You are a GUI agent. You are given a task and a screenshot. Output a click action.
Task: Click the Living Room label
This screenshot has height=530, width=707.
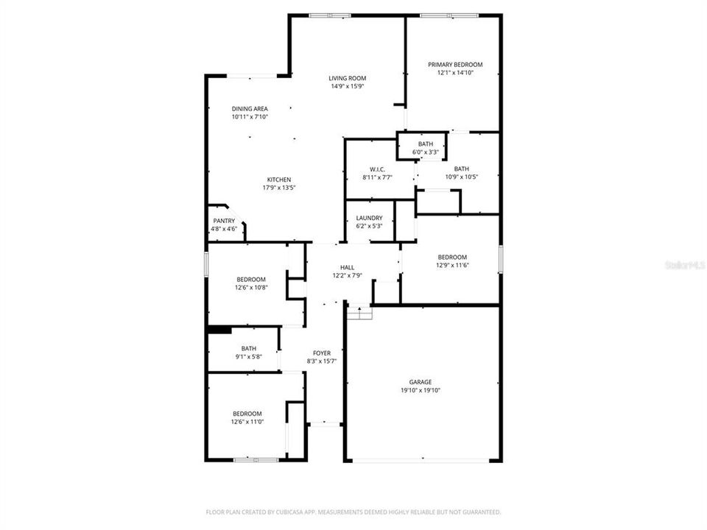point(348,78)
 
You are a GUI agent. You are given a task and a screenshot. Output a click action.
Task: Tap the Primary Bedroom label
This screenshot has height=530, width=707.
point(455,65)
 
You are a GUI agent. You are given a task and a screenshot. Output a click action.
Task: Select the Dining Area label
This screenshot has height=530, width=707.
point(250,109)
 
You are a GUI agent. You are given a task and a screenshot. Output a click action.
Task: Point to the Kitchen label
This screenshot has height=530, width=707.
point(279,180)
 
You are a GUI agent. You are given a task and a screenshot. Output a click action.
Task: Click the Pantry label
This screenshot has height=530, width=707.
point(224,221)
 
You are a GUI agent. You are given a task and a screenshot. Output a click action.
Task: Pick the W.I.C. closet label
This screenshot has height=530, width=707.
point(377,169)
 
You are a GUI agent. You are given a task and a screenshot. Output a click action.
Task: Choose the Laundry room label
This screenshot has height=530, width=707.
point(369,218)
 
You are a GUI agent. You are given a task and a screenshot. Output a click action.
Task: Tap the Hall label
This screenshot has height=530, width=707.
point(347,267)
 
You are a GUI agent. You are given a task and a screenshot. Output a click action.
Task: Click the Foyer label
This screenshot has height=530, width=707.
point(321,353)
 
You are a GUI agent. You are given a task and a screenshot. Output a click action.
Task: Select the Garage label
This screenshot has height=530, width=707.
point(421,382)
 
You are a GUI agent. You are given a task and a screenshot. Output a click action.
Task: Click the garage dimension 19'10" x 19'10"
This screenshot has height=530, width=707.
point(421,391)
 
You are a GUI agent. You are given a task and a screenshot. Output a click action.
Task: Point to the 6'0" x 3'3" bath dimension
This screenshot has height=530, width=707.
point(426,152)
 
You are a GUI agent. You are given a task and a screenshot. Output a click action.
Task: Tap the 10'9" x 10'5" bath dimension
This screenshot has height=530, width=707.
point(461,177)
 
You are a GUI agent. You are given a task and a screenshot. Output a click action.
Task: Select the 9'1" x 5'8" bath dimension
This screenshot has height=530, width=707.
point(249,357)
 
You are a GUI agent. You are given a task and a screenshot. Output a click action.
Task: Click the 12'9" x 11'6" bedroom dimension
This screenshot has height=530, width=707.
point(452,266)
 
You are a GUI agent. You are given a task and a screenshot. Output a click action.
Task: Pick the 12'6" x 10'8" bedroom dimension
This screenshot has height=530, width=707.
point(251,288)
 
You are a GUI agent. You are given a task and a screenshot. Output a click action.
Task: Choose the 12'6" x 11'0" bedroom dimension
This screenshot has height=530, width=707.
point(247,423)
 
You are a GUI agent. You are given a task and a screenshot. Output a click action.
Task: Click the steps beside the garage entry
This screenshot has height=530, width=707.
point(359,313)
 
